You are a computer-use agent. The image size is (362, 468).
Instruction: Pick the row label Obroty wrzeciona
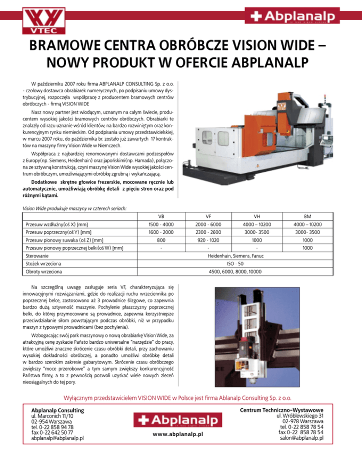click(42, 272)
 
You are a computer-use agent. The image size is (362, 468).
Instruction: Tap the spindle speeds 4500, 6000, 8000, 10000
click(241, 272)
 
